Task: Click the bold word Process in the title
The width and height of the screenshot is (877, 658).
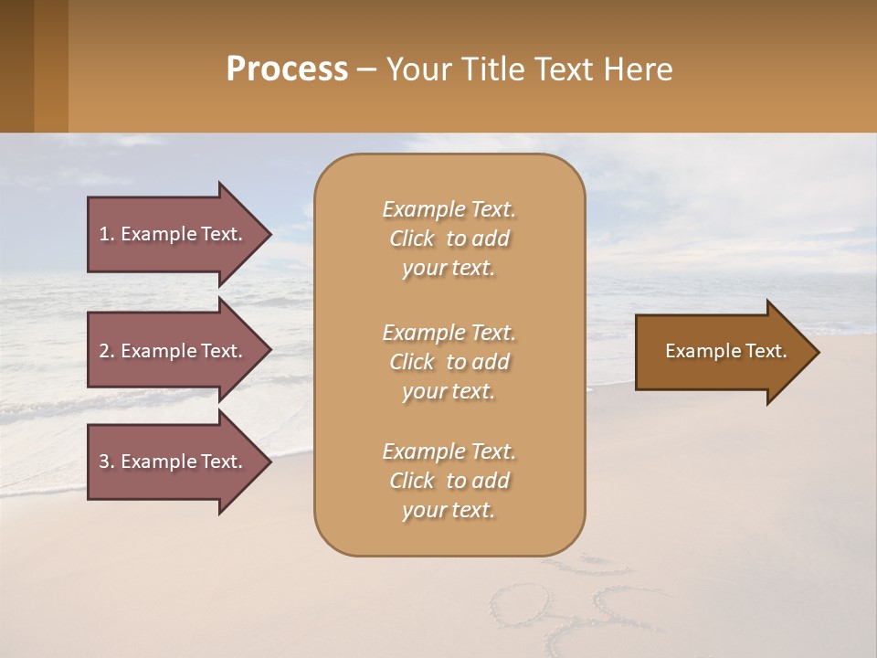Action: (x=287, y=69)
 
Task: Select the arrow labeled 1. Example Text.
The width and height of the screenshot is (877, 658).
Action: (x=174, y=234)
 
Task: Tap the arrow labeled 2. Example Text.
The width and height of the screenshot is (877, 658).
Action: (x=174, y=351)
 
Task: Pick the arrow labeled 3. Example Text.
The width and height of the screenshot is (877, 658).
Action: (x=174, y=462)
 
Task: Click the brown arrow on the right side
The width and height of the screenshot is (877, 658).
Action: (x=722, y=351)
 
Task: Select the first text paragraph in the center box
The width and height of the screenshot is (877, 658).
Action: (x=449, y=239)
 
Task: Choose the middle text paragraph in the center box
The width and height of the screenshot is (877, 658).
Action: (x=449, y=362)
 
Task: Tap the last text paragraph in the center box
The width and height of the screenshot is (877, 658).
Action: (x=449, y=481)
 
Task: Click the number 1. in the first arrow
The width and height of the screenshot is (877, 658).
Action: (x=107, y=234)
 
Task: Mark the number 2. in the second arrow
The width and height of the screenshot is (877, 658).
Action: (x=107, y=351)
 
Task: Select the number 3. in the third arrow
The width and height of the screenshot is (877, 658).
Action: (x=107, y=462)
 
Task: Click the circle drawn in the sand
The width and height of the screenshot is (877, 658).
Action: (x=520, y=604)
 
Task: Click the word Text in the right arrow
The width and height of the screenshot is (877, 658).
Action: (x=766, y=351)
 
